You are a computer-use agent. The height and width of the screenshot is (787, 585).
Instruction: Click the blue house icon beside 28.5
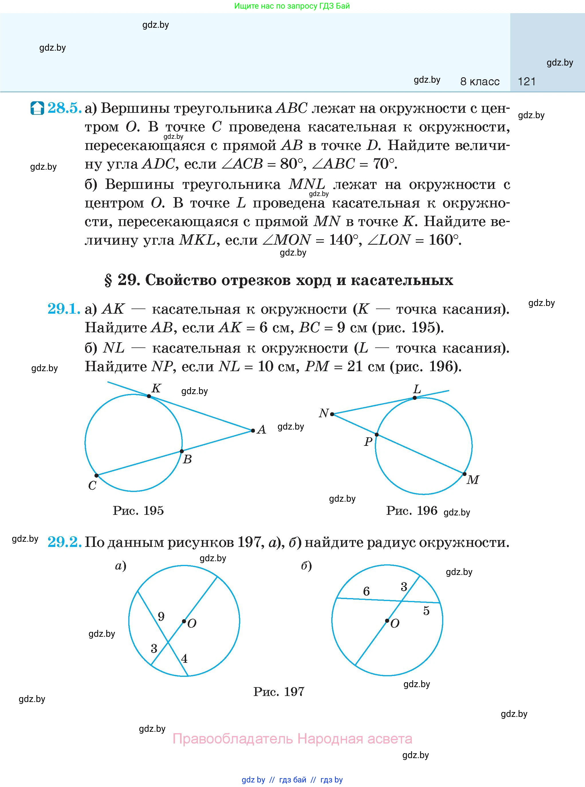coord(37,108)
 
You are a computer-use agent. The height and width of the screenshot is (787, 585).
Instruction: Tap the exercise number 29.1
coord(64,309)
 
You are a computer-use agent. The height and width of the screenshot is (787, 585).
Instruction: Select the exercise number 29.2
coord(64,542)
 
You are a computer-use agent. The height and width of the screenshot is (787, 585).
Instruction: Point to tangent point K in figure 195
coord(149,396)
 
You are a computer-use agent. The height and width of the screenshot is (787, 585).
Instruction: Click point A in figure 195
coord(253,431)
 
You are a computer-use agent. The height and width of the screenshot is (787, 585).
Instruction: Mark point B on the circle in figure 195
coord(182,451)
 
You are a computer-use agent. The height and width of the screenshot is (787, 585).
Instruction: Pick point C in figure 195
coord(96,476)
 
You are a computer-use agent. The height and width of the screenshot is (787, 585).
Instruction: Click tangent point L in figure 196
coord(415,398)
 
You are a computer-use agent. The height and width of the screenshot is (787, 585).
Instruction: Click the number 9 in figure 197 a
coord(161,616)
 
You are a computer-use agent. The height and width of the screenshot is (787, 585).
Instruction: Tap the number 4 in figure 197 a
coord(184,659)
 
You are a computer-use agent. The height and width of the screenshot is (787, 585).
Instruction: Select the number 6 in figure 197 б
coord(367,591)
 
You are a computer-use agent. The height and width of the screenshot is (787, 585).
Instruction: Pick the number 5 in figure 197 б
coord(426,611)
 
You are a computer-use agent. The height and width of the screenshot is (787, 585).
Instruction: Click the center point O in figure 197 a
coord(184,621)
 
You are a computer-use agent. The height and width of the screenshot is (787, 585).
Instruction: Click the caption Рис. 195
coord(138,511)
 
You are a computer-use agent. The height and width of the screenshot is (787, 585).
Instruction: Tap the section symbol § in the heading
coord(108,280)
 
